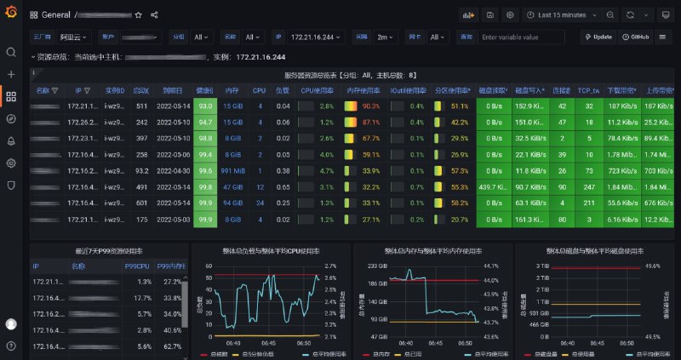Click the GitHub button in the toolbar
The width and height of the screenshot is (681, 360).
pyautogui.click(x=635, y=37)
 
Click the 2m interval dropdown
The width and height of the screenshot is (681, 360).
pyautogui.click(x=386, y=37)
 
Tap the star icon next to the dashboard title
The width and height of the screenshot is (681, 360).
pyautogui.click(x=139, y=15)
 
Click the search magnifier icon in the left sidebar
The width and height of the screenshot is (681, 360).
pyautogui.click(x=11, y=53)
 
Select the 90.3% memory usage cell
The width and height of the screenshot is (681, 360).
pyautogui.click(x=370, y=106)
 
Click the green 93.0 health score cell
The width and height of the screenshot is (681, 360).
pyautogui.click(x=204, y=106)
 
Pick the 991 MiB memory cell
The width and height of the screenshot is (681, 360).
pyautogui.click(x=232, y=171)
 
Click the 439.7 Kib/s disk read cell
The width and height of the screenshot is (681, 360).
pyautogui.click(x=493, y=187)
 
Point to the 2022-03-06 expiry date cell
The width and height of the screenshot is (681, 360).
pyautogui.click(x=169, y=155)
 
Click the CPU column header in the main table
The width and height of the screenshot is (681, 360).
pyautogui.click(x=259, y=90)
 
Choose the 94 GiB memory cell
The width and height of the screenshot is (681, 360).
pyautogui.click(x=232, y=203)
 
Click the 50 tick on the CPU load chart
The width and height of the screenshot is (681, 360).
pyautogui.click(x=209, y=266)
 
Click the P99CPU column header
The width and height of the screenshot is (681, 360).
pyautogui.click(x=136, y=266)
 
